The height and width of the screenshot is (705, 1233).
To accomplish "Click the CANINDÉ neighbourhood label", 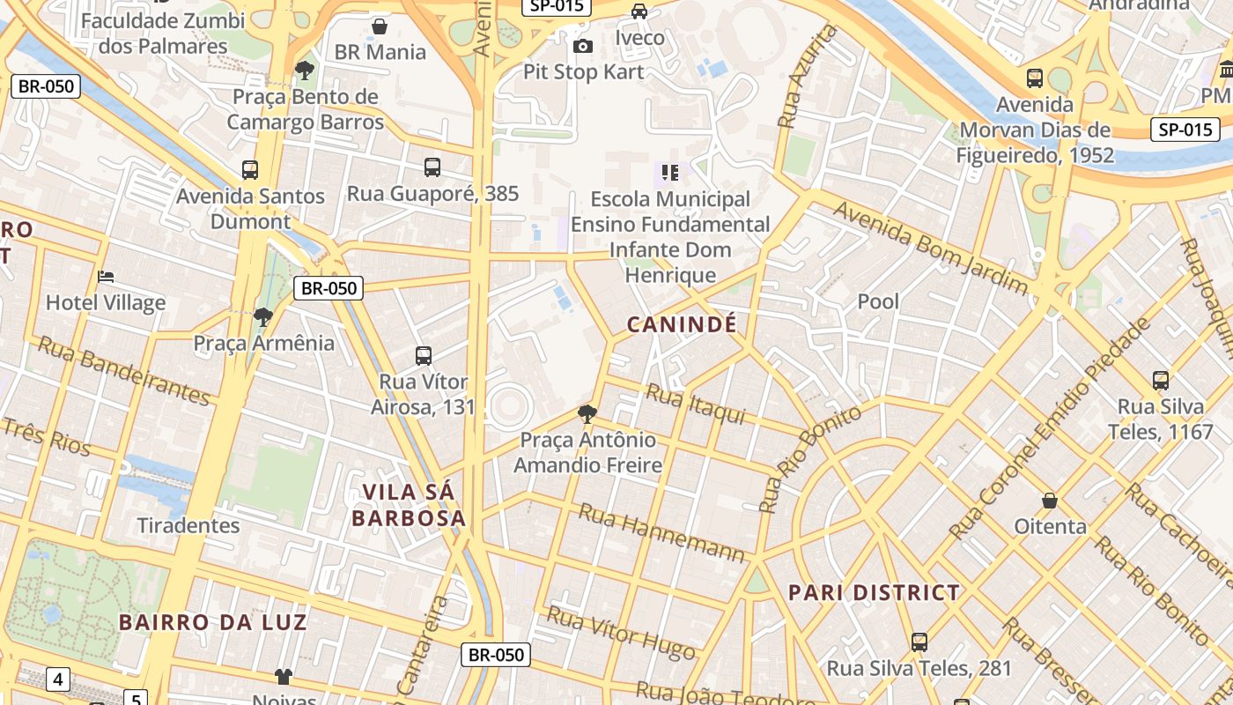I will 681,324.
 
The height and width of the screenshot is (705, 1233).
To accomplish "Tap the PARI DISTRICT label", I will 874,592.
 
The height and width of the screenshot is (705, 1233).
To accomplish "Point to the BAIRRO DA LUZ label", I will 213,622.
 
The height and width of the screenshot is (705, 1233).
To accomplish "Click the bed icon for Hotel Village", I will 106,277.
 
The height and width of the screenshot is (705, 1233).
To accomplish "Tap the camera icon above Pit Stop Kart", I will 582,46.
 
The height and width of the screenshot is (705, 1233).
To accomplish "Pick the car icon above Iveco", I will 639,11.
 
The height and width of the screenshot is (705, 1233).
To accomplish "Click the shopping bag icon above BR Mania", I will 380,26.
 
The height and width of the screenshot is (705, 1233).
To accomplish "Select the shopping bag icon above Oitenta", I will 1050,501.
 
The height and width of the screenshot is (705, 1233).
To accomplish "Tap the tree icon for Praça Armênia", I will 262,316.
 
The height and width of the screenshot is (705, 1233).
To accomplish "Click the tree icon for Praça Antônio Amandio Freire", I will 587,413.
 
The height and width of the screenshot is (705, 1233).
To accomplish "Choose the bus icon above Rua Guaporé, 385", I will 432,167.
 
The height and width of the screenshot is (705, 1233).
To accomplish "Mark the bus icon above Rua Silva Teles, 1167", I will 1161,381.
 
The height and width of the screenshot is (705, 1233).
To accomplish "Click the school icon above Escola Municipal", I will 670,173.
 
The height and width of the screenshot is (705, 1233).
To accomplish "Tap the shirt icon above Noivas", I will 283,676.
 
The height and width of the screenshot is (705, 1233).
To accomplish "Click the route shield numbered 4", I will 58,679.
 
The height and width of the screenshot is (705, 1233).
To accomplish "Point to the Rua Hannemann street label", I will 661,532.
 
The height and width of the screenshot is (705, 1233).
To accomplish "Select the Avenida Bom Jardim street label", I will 930,247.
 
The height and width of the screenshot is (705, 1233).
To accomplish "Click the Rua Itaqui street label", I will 696,404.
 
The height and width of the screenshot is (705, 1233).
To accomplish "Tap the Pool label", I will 878,301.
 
